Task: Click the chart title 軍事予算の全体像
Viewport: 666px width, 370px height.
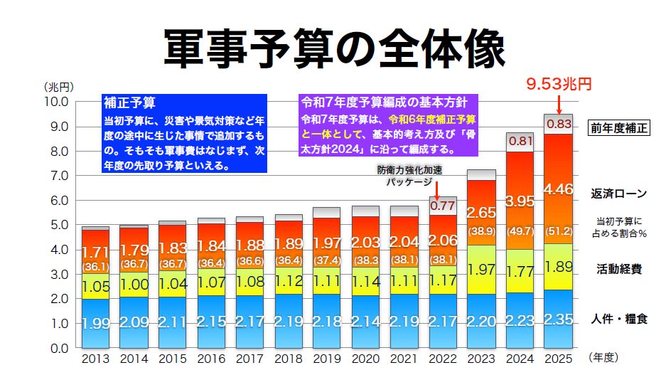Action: (333, 48)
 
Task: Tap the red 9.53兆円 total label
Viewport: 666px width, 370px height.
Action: (559, 85)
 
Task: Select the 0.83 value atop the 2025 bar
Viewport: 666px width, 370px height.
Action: (559, 125)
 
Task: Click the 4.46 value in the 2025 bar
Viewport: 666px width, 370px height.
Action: (559, 190)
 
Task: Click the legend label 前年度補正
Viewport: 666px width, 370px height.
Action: (618, 129)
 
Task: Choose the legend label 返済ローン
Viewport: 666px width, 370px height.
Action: (618, 193)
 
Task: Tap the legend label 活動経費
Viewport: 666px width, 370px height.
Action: (618, 269)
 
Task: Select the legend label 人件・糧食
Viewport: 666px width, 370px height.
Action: (618, 319)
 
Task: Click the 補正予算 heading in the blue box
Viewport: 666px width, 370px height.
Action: (129, 102)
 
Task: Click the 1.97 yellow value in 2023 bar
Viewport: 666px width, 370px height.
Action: (482, 270)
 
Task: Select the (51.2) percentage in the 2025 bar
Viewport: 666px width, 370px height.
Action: (559, 231)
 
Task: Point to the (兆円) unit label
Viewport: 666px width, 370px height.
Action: (58, 87)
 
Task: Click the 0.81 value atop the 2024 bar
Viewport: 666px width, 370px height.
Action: (521, 141)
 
